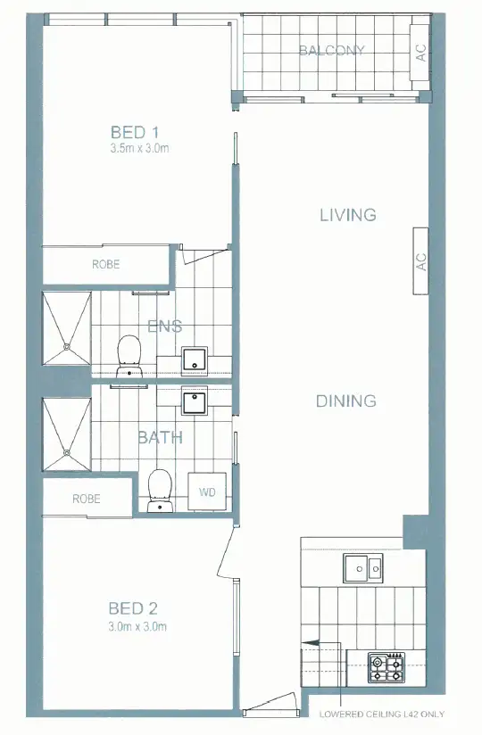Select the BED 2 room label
[133, 608]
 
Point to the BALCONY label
[332, 51]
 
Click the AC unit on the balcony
[420, 53]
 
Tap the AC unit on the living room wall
[421, 261]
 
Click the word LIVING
[347, 215]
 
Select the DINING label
[345, 401]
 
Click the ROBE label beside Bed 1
[105, 265]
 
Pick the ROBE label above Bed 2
[86, 500]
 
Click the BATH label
[160, 438]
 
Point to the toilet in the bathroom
[161, 491]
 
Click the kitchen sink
[364, 567]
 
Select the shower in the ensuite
[67, 330]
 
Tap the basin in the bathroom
[195, 403]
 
